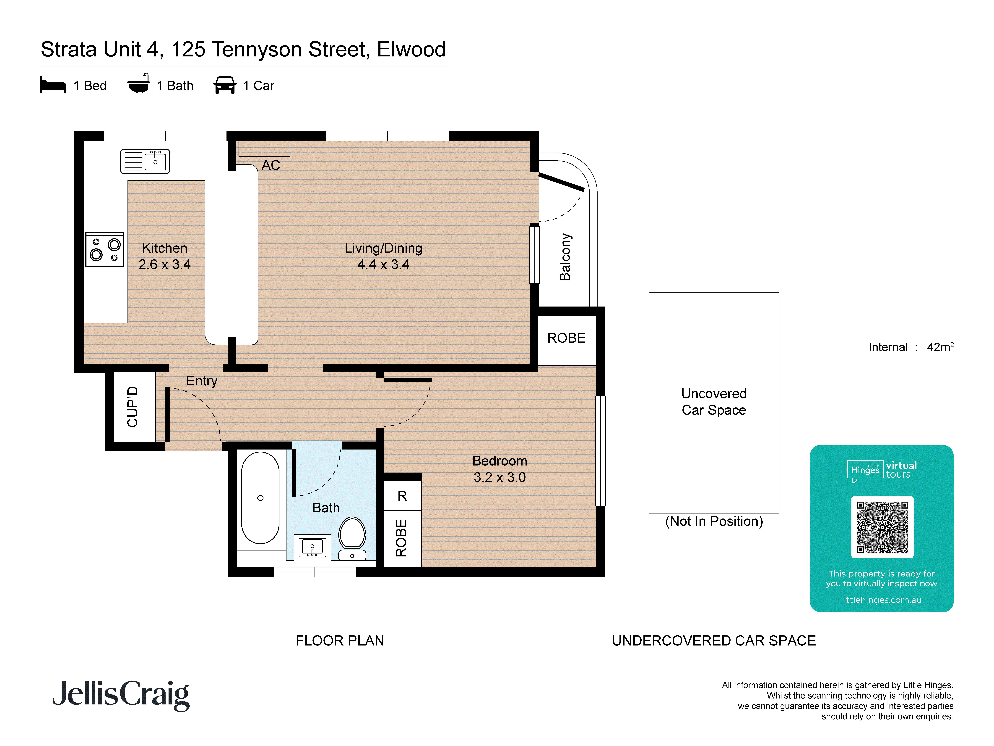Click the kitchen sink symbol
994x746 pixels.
(x=145, y=161)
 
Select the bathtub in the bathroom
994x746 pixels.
(x=260, y=498)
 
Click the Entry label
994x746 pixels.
(x=202, y=381)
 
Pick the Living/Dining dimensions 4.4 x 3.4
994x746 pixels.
(x=383, y=264)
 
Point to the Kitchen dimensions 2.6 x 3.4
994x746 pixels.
(x=164, y=264)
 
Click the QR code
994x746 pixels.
(x=882, y=527)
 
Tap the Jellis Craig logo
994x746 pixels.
(x=121, y=695)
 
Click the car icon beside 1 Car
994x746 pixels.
(x=225, y=85)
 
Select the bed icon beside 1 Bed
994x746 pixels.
(x=53, y=85)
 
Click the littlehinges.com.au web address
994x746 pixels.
(x=881, y=600)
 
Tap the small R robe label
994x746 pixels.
(x=402, y=496)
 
